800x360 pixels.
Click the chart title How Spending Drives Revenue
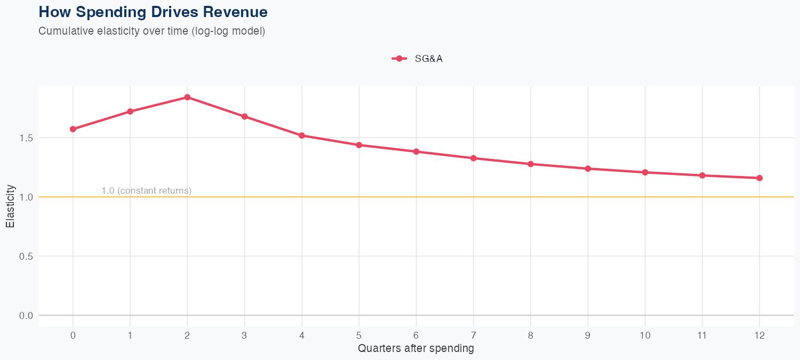point(153,12)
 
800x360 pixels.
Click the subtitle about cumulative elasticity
point(151,31)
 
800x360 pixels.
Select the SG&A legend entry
point(418,59)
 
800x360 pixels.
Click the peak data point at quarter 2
point(187,97)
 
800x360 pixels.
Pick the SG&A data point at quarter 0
point(73,129)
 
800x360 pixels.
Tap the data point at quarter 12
point(759,178)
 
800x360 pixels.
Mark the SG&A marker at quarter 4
point(302,135)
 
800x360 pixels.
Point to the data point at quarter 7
point(474,158)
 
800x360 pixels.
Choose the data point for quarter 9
point(588,169)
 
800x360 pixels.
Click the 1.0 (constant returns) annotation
point(146,190)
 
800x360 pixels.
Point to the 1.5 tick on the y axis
point(26,138)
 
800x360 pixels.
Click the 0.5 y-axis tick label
point(26,257)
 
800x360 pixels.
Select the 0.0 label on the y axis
point(26,316)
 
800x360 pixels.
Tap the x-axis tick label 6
point(416,335)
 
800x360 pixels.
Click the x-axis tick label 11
point(702,335)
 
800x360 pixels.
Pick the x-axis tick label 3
point(244,335)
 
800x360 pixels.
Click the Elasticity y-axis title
point(10,206)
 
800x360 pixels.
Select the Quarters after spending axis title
point(416,349)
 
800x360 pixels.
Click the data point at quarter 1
point(130,111)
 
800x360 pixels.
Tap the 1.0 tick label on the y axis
point(26,197)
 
